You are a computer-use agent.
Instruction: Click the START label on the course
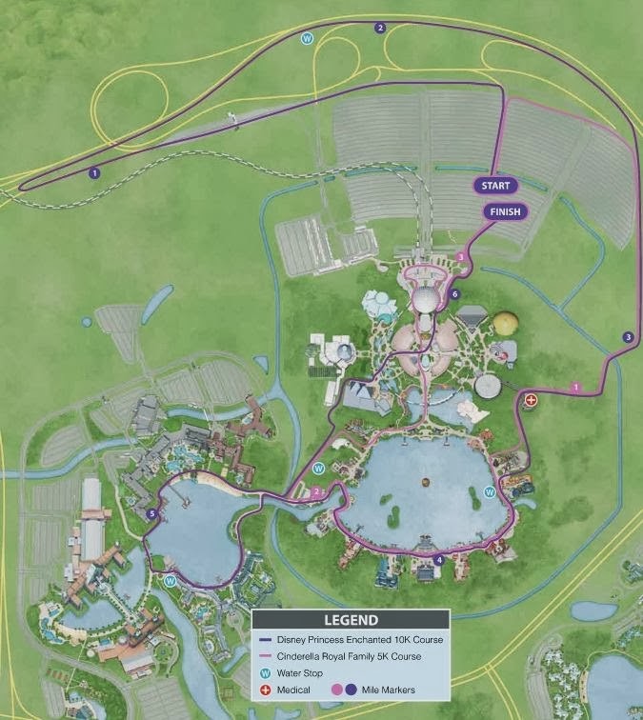coord(496,186)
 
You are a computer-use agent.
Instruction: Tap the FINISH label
coord(504,211)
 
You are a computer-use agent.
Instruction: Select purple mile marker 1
coord(93,172)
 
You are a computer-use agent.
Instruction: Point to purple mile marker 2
coord(380,28)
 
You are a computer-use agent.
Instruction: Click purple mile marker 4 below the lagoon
coord(438,560)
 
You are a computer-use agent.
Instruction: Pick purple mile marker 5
coord(152,514)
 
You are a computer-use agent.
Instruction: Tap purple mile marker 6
coord(455,294)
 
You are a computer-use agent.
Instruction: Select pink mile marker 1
coord(575,387)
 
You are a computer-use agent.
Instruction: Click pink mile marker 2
coord(316,491)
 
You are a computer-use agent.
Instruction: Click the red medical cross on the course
coord(531,401)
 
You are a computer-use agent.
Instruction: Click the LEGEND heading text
coord(351,620)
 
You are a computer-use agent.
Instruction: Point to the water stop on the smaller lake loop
coord(170,579)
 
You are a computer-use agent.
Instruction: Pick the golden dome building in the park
coord(506,326)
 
